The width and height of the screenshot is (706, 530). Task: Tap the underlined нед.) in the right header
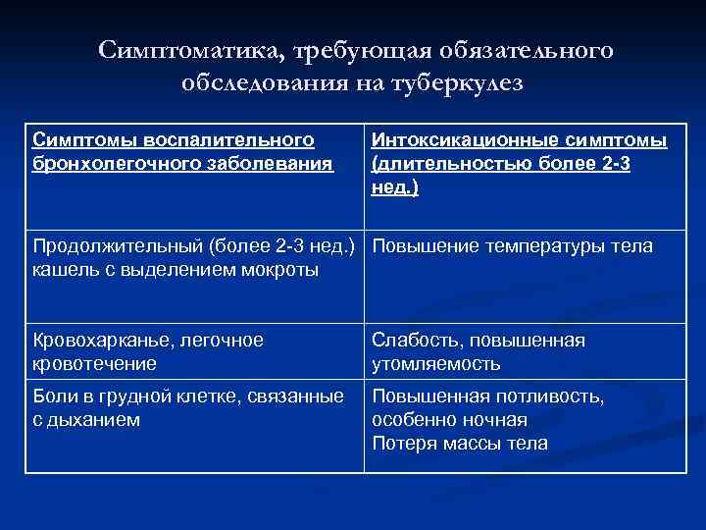pyautogui.click(x=395, y=186)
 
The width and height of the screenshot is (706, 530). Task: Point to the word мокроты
pyautogui.click(x=278, y=269)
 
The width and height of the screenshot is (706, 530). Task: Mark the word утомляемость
pyautogui.click(x=436, y=363)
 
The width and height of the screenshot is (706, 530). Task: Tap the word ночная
pyautogui.click(x=486, y=420)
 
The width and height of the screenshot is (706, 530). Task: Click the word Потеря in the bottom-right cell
pyautogui.click(x=403, y=443)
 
